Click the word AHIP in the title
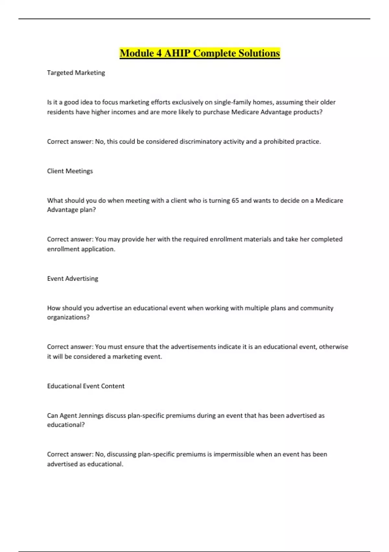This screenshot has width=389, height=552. coord(177,53)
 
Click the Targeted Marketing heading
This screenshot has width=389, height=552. coord(76,73)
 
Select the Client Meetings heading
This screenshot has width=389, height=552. coord(70,171)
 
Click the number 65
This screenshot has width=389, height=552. coord(235,201)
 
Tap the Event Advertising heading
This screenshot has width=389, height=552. coord(73,279)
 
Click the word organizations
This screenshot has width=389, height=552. coord(68,317)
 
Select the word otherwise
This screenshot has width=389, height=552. coord(333,347)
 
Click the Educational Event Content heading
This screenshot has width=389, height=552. coord(86,386)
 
